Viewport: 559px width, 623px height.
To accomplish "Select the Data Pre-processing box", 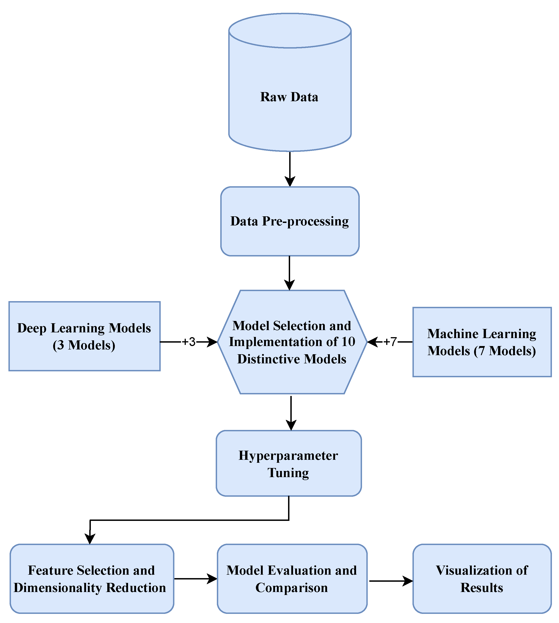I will (290, 221).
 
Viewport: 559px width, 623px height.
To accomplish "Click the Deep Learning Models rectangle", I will (84, 336).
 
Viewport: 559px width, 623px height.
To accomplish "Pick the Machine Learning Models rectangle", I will (482, 342).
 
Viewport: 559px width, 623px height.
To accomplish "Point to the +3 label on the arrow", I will (189, 342).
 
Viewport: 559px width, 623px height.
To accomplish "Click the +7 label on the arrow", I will (390, 342).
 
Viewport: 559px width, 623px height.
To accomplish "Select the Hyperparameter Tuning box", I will (289, 463).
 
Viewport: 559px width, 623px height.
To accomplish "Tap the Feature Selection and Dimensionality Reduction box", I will (92, 579).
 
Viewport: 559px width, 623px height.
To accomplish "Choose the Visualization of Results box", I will (482, 579).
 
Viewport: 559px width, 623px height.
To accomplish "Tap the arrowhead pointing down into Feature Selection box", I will (90, 539).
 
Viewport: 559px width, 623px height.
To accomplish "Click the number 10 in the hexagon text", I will (348, 342).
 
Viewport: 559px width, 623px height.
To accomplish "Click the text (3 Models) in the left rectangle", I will (84, 345).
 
